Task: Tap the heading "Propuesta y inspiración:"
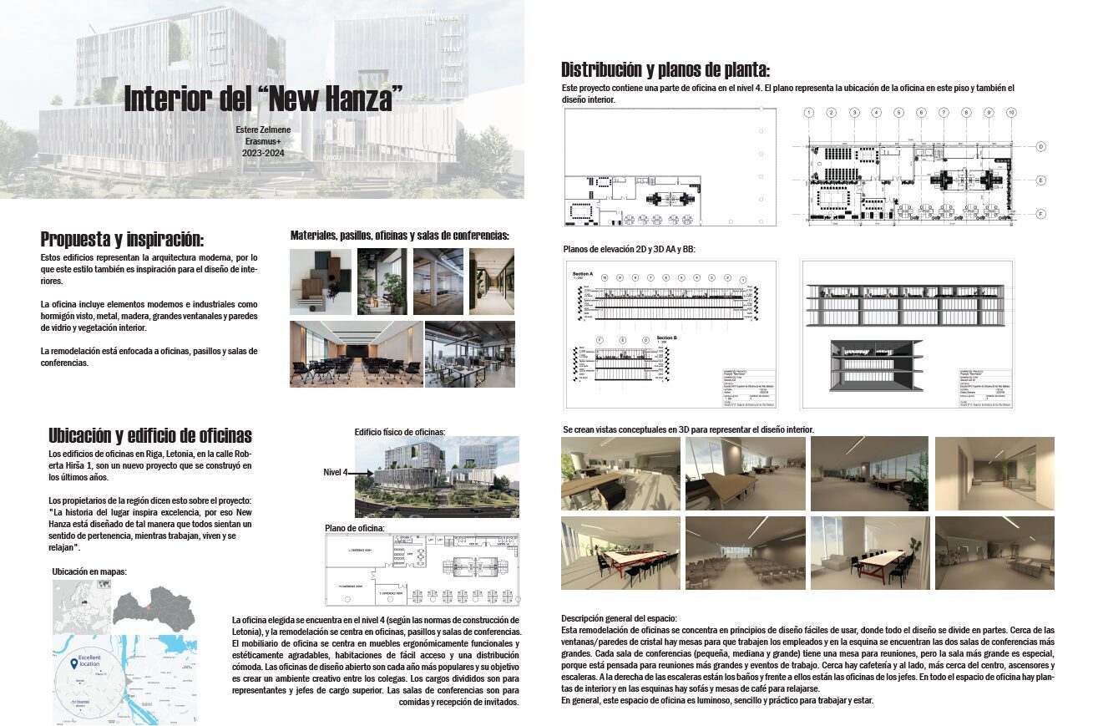(x=122, y=239)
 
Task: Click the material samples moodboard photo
(x=321, y=282)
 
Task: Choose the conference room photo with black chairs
(x=354, y=353)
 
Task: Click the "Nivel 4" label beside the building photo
(x=335, y=473)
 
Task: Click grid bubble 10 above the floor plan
(x=1011, y=112)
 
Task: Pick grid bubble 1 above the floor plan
(x=809, y=112)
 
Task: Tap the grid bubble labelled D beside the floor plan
(x=1042, y=146)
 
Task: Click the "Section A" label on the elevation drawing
(x=582, y=273)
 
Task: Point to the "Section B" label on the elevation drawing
(x=666, y=338)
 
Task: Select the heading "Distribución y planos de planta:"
(x=665, y=69)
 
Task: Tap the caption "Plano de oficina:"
(x=355, y=528)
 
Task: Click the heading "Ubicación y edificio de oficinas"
(x=150, y=435)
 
